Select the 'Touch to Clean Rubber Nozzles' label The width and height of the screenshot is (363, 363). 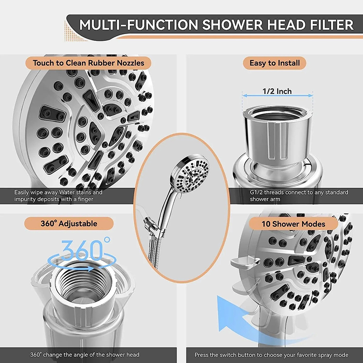click(x=88, y=63)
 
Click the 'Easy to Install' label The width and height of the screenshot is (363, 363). click(x=275, y=63)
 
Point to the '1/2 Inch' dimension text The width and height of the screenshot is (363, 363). click(x=277, y=91)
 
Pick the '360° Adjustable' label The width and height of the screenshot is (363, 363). click(x=69, y=224)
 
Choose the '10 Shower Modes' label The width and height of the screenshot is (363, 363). click(x=293, y=224)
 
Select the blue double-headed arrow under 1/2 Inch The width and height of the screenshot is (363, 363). click(x=277, y=96)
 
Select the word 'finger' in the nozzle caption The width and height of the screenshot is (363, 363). click(x=85, y=199)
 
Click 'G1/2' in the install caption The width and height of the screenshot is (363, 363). click(x=256, y=192)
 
